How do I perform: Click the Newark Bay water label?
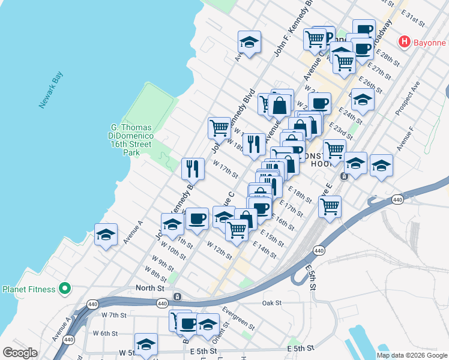coord(51,90)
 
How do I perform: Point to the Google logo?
coord(20,352)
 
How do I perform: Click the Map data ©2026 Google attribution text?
coord(412,355)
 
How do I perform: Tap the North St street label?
coord(149,288)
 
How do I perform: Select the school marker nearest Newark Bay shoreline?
coord(106,235)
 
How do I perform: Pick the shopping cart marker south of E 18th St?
coord(330,206)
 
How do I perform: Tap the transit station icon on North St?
coord(178,296)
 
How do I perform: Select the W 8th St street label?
coord(155,275)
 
